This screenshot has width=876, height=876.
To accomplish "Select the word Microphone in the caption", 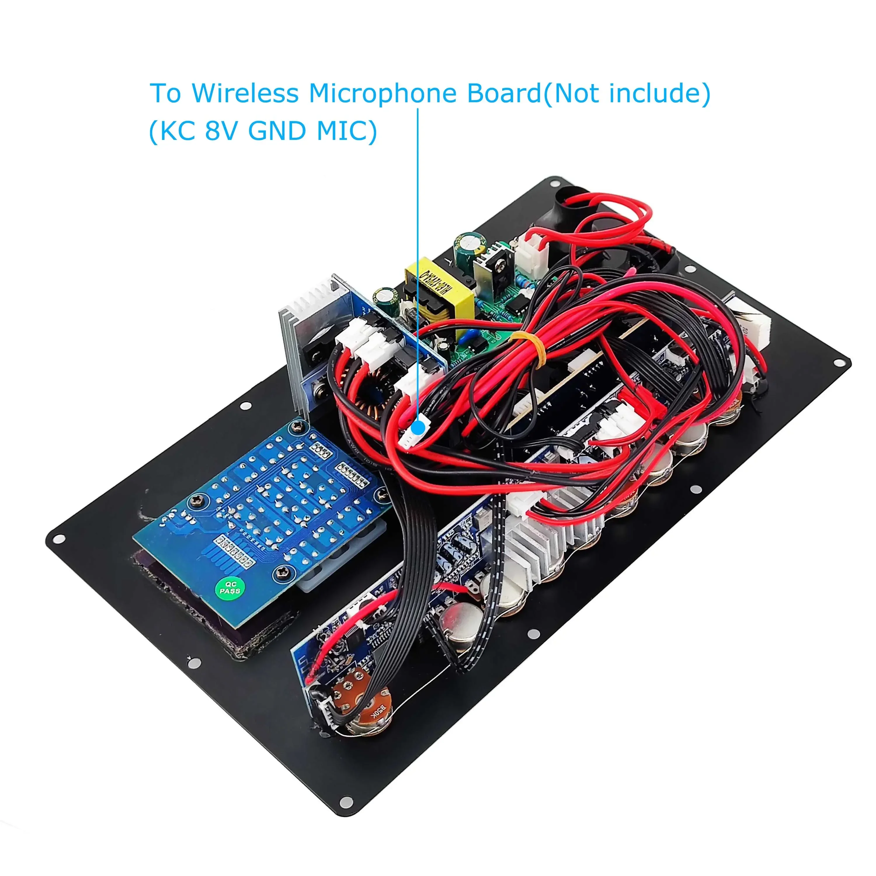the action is (382, 94).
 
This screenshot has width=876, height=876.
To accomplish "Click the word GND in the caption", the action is (277, 131).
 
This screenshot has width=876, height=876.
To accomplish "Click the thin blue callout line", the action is (418, 272).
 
